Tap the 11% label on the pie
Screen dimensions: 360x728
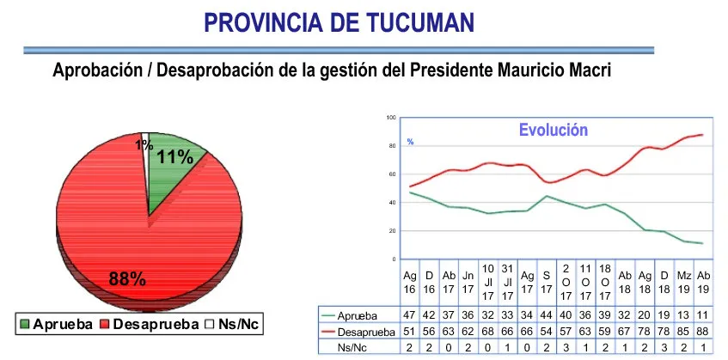tap(174, 156)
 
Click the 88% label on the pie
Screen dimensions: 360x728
tap(127, 278)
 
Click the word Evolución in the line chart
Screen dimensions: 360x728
tap(553, 131)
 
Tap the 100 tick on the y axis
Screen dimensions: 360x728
tap(391, 118)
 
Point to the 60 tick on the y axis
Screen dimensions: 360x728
tap(391, 174)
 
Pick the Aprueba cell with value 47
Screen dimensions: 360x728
tap(410, 315)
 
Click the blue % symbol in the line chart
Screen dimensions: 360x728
tap(411, 142)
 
